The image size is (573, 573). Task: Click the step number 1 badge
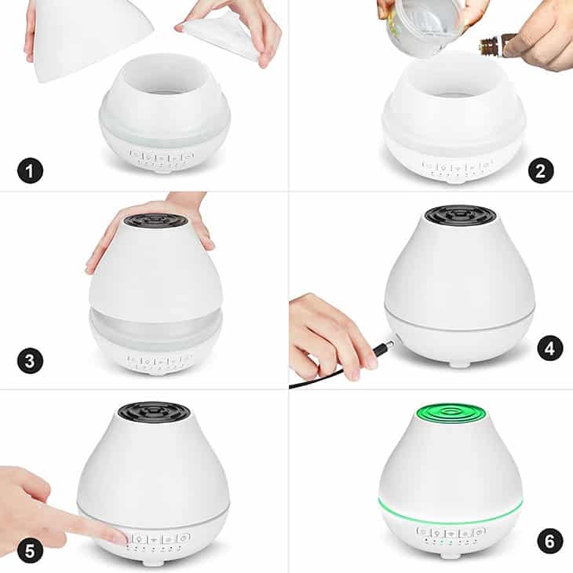tap(31, 170)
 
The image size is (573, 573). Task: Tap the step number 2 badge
tap(541, 170)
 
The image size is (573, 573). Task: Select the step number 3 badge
tap(31, 361)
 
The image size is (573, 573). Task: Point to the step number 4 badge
tap(550, 349)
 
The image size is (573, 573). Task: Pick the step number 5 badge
tap(31, 551)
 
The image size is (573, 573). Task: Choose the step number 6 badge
tap(550, 541)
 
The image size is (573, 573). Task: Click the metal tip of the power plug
tap(389, 345)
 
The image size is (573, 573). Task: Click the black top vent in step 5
tap(154, 412)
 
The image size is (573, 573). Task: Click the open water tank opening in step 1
tap(165, 75)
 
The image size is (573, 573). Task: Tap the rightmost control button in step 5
tap(184, 538)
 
